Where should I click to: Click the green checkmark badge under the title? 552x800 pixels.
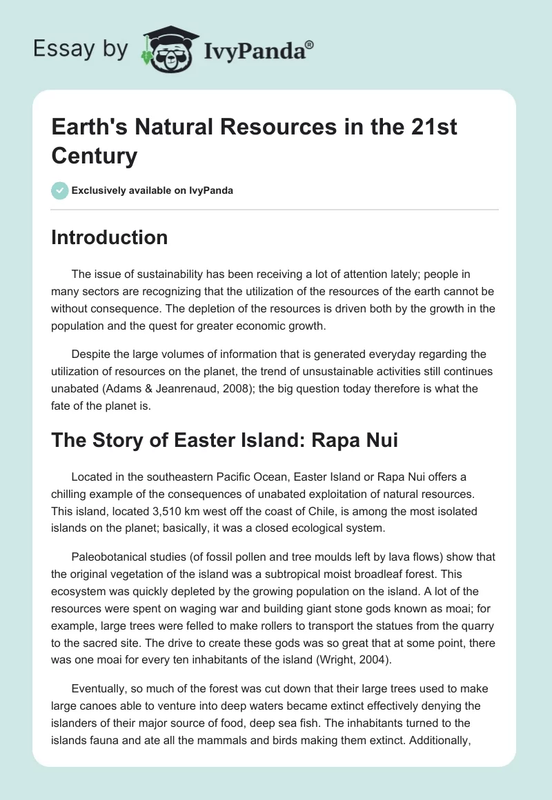59,190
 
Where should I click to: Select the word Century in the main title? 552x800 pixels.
94,156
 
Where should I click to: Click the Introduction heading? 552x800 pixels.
110,237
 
